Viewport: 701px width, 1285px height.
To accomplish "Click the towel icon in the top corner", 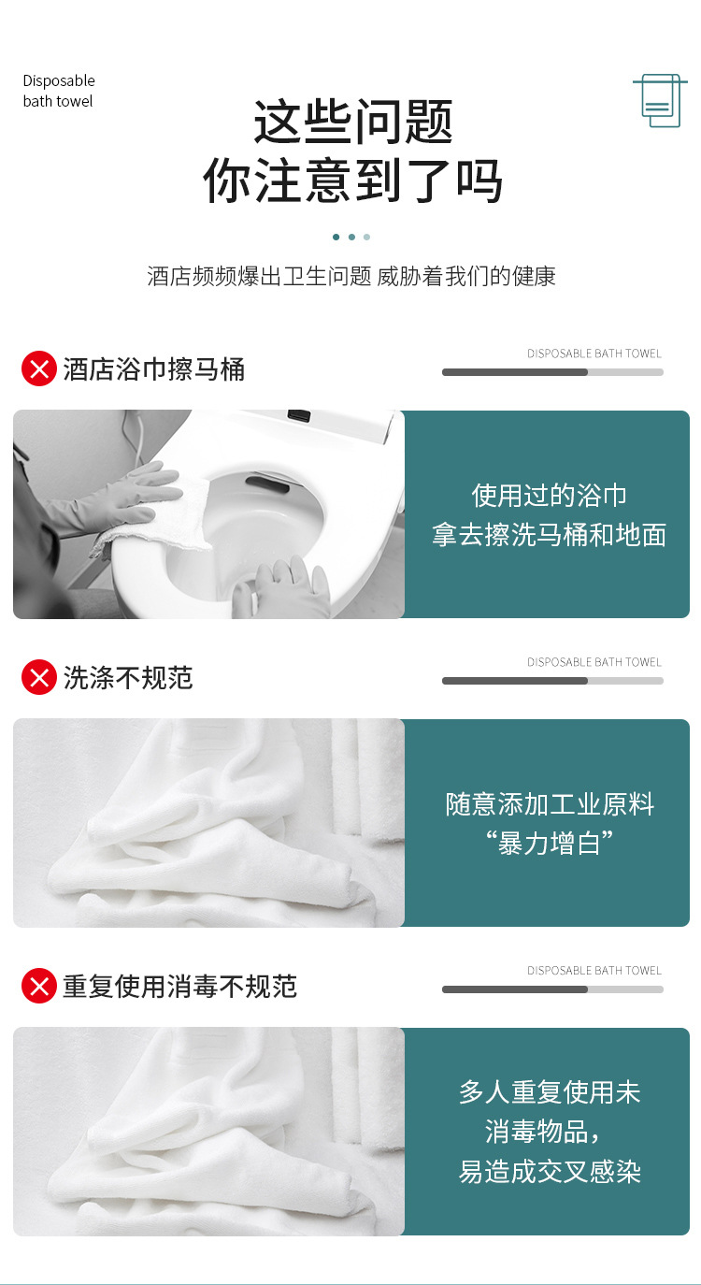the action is pos(660,100).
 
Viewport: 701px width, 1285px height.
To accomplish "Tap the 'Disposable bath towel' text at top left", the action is pos(59,91).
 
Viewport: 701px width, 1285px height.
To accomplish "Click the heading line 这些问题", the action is pos(353,122).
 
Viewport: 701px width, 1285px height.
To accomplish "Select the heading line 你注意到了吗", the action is pos(352,180).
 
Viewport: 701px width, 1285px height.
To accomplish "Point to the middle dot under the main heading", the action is pos(351,237).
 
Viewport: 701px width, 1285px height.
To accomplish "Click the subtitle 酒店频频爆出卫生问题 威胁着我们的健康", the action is pos(350,276).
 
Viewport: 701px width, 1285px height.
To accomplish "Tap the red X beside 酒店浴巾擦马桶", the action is pos(39,368).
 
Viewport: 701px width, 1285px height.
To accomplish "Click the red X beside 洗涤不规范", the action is pos(39,677).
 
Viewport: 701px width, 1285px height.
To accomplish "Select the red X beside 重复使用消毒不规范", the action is pos(39,986).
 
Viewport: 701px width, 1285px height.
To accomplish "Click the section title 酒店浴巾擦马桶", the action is pos(153,368).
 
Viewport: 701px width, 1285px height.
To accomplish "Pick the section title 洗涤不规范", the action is pos(128,677).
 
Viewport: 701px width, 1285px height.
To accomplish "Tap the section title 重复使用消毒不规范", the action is pos(179,986).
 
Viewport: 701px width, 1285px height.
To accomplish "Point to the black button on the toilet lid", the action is pos(299,414).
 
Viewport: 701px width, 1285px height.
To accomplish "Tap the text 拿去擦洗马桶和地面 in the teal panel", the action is pos(549,535).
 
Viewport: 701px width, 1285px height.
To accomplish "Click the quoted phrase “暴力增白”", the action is pos(549,844).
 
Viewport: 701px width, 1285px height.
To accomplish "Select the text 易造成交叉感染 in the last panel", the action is pos(549,1172).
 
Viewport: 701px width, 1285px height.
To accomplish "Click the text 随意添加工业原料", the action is pos(549,803).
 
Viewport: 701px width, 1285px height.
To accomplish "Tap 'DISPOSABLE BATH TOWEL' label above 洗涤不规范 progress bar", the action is pos(594,662).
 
